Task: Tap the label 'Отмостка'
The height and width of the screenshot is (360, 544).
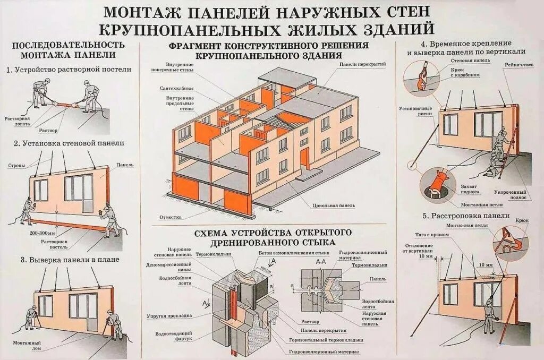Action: (x=171, y=217)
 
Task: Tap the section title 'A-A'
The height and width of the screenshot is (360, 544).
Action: (x=321, y=261)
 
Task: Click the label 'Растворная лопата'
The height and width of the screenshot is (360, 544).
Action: (x=17, y=121)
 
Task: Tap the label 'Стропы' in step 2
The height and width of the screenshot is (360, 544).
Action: (x=16, y=166)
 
